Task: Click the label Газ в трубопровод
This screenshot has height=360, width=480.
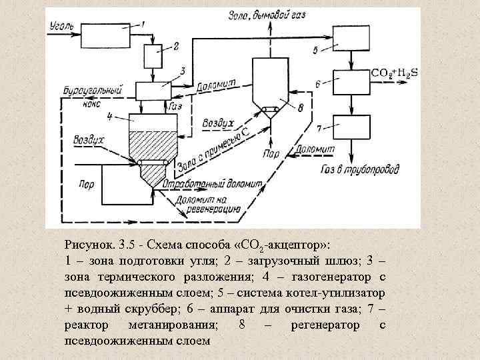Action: (360, 169)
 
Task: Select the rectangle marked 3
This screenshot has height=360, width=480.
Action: (154, 91)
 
